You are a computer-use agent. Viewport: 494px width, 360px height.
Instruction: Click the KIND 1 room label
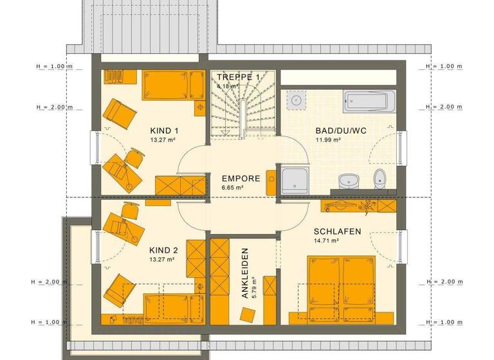click(164, 130)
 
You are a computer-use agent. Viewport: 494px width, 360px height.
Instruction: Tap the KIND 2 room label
click(164, 250)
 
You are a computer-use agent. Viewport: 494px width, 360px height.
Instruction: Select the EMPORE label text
click(241, 179)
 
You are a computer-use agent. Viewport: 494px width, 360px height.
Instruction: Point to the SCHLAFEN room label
click(337, 231)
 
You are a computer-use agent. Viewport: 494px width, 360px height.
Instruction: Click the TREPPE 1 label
click(239, 76)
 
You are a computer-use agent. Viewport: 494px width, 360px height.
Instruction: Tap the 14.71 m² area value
click(327, 241)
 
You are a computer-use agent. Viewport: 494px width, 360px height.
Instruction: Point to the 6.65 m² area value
click(232, 188)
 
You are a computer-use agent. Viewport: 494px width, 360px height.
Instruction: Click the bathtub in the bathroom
click(366, 102)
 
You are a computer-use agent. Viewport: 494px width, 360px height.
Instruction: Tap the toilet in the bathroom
click(381, 178)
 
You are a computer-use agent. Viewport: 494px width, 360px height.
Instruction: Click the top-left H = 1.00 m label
click(55, 66)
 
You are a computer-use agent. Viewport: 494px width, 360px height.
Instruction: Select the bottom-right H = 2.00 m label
click(444, 282)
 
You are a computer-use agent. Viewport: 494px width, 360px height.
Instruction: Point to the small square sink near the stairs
click(297, 100)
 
